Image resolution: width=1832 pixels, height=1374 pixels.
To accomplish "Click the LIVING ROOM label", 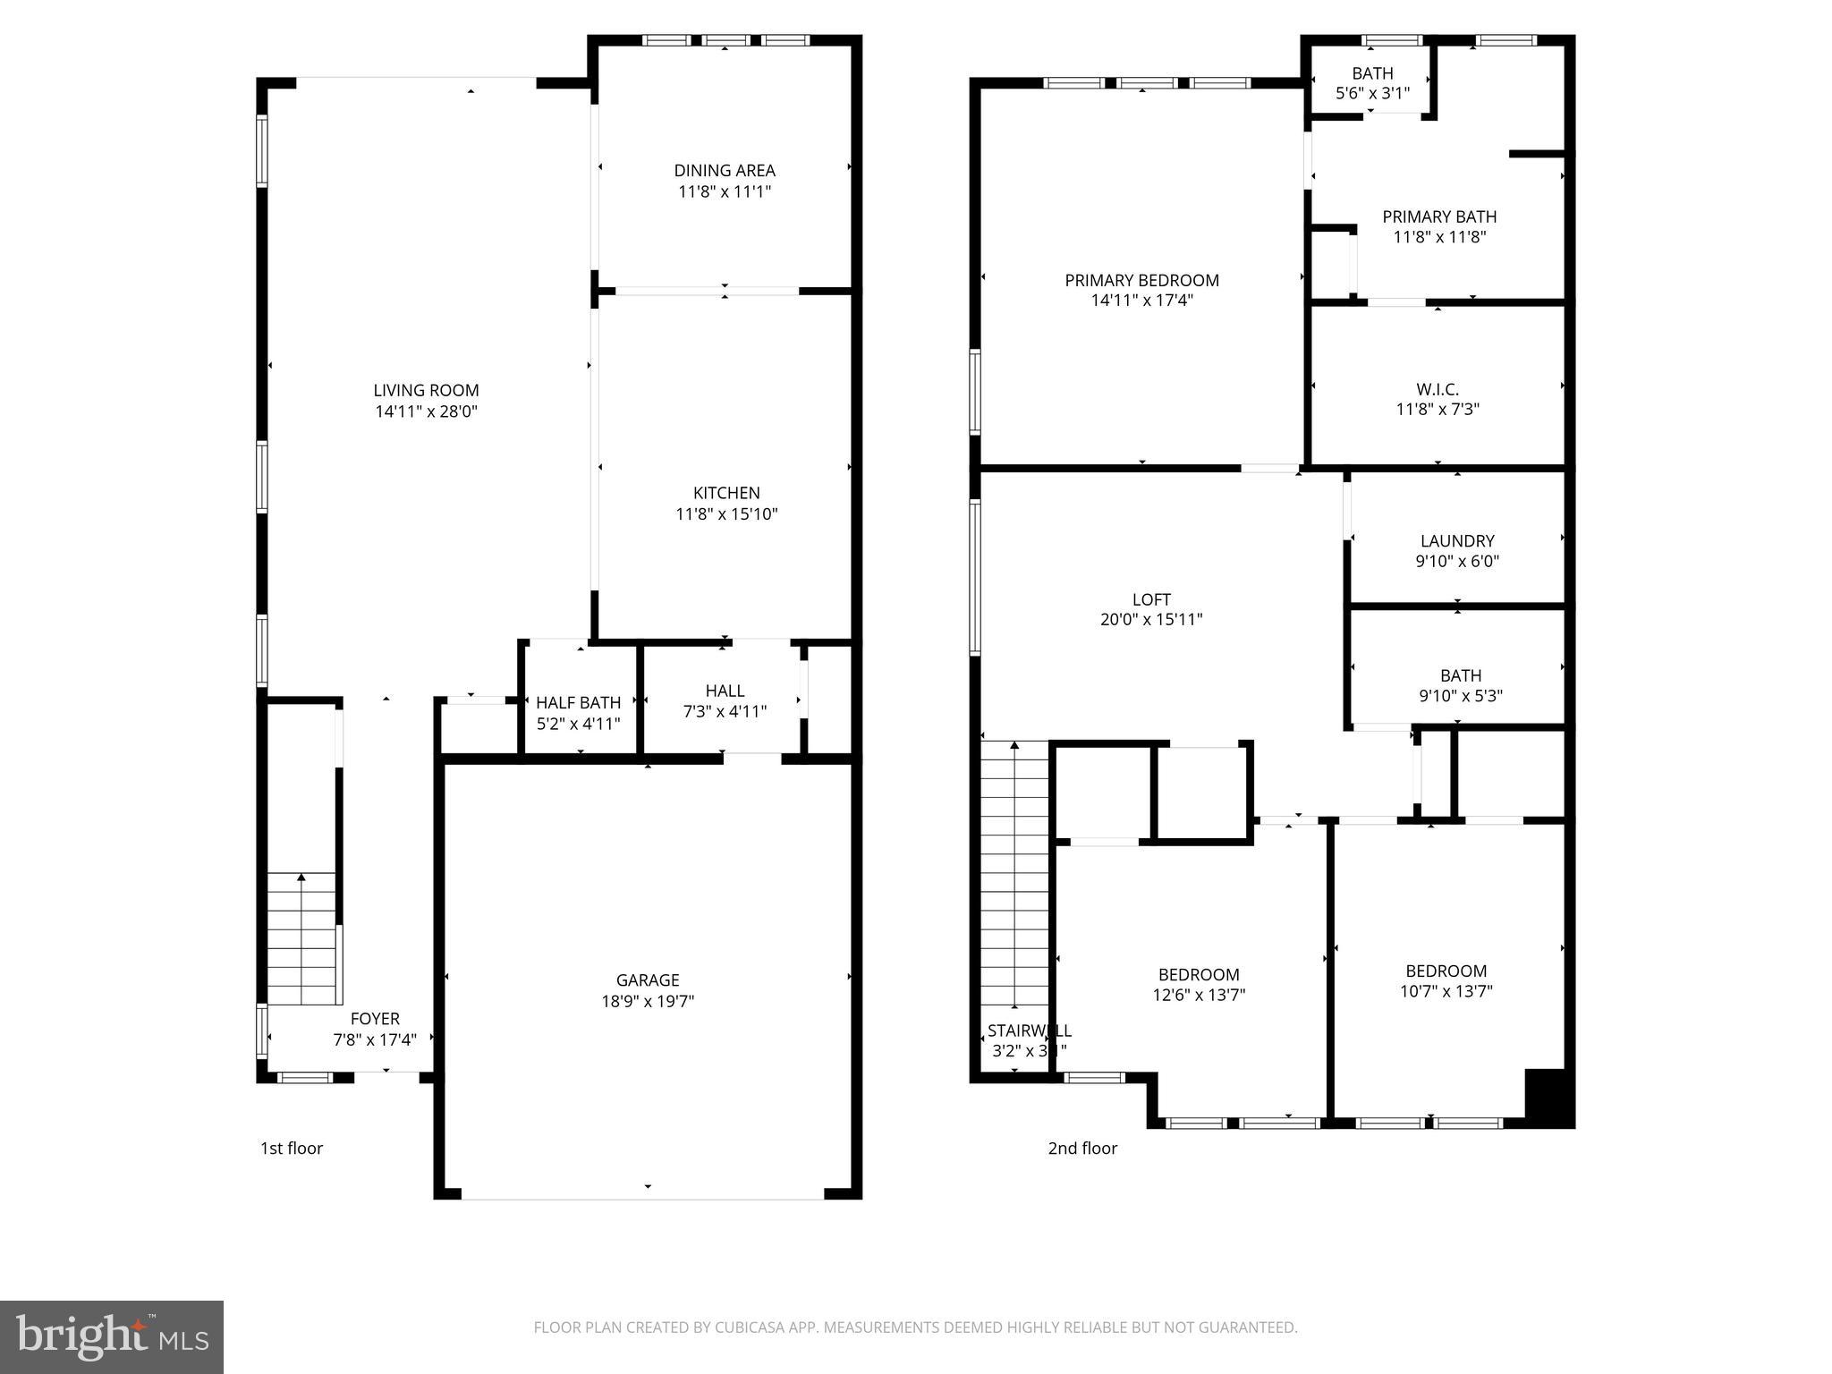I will pos(426,390).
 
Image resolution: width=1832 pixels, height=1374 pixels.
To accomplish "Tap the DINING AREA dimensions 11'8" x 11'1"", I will pos(724,191).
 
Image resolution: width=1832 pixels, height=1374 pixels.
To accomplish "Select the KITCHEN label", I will pos(726,493).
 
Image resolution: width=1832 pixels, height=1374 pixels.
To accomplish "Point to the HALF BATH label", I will pos(578,703).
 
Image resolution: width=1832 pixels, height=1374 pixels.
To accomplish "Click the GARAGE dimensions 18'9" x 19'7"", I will pos(648,1001).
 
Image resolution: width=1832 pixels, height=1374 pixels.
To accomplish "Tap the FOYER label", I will pos(375,1019).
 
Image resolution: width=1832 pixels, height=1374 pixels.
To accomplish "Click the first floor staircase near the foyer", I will pos(302,939).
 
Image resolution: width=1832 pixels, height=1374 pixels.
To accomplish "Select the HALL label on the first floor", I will pos(725,691).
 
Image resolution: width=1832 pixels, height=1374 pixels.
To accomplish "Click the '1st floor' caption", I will pos(292,1148).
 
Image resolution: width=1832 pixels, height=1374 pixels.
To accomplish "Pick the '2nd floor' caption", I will pos(1082,1148).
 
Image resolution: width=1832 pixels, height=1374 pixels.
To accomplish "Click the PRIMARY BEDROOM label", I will pos(1141,280).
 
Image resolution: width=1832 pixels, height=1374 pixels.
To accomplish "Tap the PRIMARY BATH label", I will pos(1439,216).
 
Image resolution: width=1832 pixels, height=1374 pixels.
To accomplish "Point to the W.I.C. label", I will pos(1438,389).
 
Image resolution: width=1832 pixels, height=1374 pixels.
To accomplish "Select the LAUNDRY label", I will pos(1457,541).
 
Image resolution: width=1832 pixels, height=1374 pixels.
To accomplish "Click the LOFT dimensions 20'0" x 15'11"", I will pos(1151,619).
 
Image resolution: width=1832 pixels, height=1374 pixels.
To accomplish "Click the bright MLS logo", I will pos(112,1336).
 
